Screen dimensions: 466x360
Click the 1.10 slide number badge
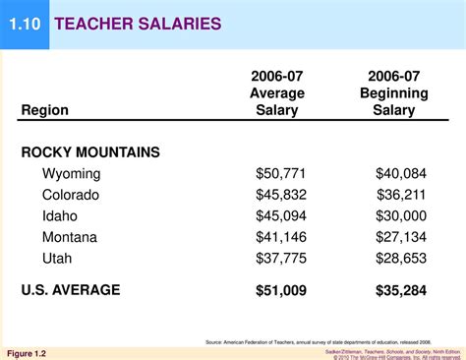(x=25, y=22)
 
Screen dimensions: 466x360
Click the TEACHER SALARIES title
(x=138, y=23)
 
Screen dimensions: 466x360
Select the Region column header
(x=44, y=110)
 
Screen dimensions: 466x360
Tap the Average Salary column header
(x=277, y=93)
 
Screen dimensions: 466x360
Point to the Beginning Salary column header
(x=393, y=93)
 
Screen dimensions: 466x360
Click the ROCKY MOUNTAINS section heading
(x=90, y=152)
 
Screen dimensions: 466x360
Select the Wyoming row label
(x=72, y=174)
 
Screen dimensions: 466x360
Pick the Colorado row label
(x=71, y=195)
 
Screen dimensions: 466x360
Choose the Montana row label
(x=69, y=236)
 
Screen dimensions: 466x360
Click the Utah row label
(x=57, y=257)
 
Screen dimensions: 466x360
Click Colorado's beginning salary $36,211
(x=400, y=195)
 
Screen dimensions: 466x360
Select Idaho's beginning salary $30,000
(x=400, y=215)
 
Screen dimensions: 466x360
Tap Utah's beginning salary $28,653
(x=400, y=257)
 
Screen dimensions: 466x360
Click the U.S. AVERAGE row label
(x=71, y=290)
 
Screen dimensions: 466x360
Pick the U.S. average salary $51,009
(x=280, y=290)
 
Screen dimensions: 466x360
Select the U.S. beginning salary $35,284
(x=400, y=290)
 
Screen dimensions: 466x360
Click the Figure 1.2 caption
(x=27, y=352)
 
